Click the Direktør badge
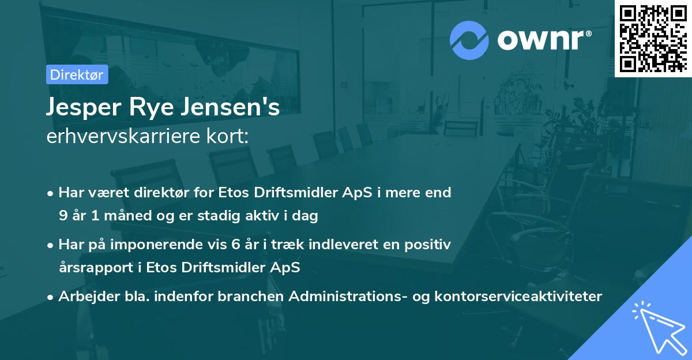pyautogui.click(x=77, y=75)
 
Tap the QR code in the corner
pyautogui.click(x=653, y=38)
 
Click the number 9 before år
pyautogui.click(x=62, y=216)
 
